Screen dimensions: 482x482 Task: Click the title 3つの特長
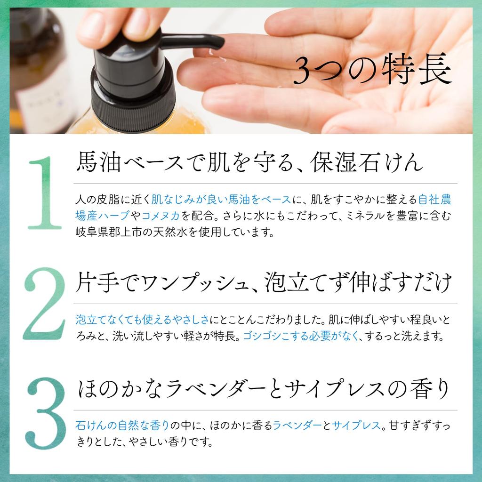(x=373, y=70)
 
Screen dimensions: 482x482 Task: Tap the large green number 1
(x=45, y=193)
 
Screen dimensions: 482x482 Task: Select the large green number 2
(x=45, y=304)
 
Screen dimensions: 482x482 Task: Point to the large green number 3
(x=46, y=413)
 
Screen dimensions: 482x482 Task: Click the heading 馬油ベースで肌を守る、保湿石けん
(x=249, y=162)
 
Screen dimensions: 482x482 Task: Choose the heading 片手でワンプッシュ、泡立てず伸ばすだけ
(x=264, y=282)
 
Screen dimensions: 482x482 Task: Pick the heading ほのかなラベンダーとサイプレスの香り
(x=264, y=388)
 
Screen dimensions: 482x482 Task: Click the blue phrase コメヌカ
(x=161, y=216)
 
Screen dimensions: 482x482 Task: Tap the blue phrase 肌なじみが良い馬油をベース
(x=221, y=200)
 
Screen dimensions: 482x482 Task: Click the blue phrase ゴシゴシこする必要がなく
(x=301, y=336)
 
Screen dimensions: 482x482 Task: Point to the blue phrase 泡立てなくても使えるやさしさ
(x=142, y=320)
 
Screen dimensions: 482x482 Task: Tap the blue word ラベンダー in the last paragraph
(x=297, y=426)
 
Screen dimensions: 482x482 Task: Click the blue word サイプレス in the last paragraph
(x=356, y=426)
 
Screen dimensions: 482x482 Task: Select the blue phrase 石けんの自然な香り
(x=122, y=426)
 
